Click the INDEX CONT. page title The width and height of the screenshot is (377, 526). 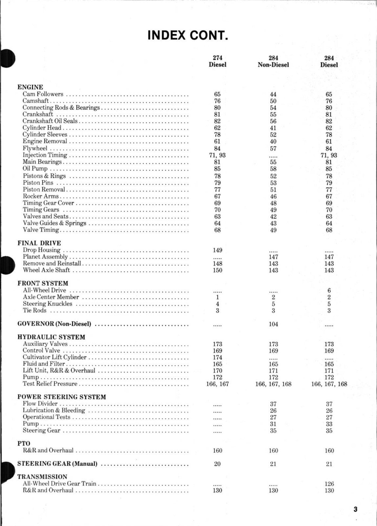click(x=188, y=35)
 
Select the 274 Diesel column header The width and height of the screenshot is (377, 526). click(x=217, y=61)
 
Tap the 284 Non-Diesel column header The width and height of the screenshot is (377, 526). click(x=273, y=61)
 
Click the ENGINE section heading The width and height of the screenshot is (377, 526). click(x=30, y=87)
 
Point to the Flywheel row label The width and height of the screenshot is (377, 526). click(x=35, y=148)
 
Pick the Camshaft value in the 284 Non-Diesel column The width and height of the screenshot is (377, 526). click(x=273, y=101)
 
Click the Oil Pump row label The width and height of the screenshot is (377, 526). click(x=35, y=169)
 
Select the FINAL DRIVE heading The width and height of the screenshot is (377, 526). click(x=39, y=243)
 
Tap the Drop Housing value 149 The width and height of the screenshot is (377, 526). click(x=217, y=250)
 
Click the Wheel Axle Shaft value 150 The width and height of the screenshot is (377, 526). click(x=217, y=270)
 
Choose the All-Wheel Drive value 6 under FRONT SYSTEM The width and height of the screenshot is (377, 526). click(x=329, y=290)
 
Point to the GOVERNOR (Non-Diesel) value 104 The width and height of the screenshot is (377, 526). click(x=273, y=324)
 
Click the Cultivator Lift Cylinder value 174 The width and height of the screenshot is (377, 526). click(x=217, y=357)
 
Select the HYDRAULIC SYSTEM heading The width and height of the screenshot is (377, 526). click(x=51, y=337)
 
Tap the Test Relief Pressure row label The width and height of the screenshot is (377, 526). click(x=50, y=384)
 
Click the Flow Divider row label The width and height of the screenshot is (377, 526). click(x=40, y=404)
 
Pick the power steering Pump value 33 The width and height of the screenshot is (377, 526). click(x=329, y=424)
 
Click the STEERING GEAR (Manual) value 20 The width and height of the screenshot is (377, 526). click(x=217, y=464)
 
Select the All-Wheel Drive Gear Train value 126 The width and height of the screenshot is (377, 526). click(x=329, y=484)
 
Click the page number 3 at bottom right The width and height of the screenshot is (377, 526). click(x=355, y=510)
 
